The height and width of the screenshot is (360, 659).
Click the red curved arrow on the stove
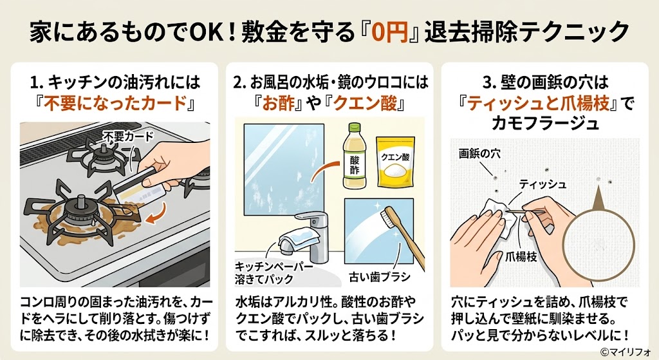point(158,214)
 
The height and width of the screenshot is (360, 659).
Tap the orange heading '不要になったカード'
point(116,104)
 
